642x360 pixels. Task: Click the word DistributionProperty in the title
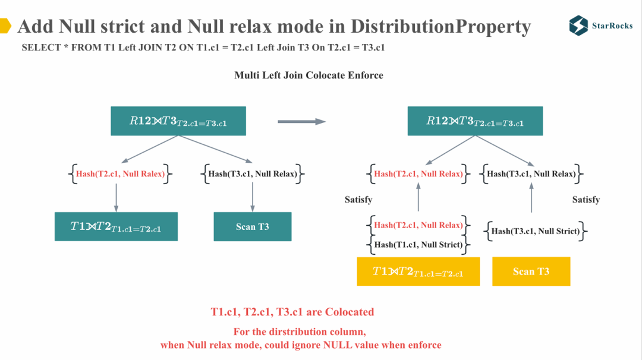tap(440, 27)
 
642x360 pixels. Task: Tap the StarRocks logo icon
tap(578, 26)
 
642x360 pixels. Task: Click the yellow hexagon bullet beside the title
tap(5, 26)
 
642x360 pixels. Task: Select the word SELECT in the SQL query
tap(40, 48)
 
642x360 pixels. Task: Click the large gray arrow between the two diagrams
tap(301, 122)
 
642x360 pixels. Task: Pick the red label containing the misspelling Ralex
tap(120, 174)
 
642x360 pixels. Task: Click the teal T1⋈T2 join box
tap(116, 226)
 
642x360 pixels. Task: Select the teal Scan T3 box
tap(253, 226)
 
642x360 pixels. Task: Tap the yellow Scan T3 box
tap(531, 271)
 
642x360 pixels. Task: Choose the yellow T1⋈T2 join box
tap(418, 271)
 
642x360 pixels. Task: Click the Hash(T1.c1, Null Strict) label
tap(418, 244)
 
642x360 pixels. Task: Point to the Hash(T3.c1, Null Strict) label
tap(536, 231)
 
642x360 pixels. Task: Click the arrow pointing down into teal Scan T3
tap(253, 196)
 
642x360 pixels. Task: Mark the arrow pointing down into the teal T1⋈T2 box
tap(116, 196)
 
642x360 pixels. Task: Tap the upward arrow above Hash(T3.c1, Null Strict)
tap(531, 197)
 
